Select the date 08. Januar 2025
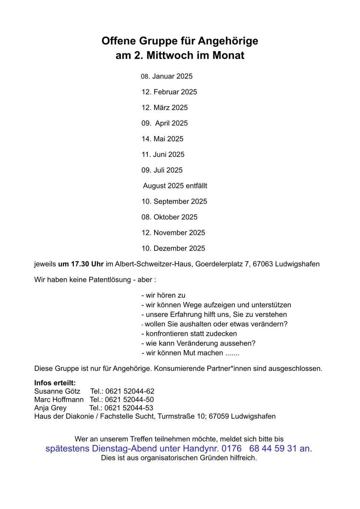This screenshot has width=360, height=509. pos(167,76)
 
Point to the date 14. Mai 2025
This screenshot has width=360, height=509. pos(162,139)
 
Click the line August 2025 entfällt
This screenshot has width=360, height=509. pos(175,186)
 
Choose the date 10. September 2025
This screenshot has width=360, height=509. pos(174,201)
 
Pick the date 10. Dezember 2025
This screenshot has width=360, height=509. pos(173,248)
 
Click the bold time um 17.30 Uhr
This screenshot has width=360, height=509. pos(81,264)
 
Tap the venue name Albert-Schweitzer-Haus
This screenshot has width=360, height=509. pos(153,264)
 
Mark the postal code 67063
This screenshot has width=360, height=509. pos(263,264)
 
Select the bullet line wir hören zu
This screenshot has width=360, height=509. pos(163,295)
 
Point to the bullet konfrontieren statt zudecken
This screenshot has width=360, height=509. pos(189,334)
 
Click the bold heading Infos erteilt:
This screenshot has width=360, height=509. pos(55,383)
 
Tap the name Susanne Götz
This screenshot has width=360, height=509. pos(57,391)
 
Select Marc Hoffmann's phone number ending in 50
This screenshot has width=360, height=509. pos(129,400)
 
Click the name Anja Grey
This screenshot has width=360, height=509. pos(50,408)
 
